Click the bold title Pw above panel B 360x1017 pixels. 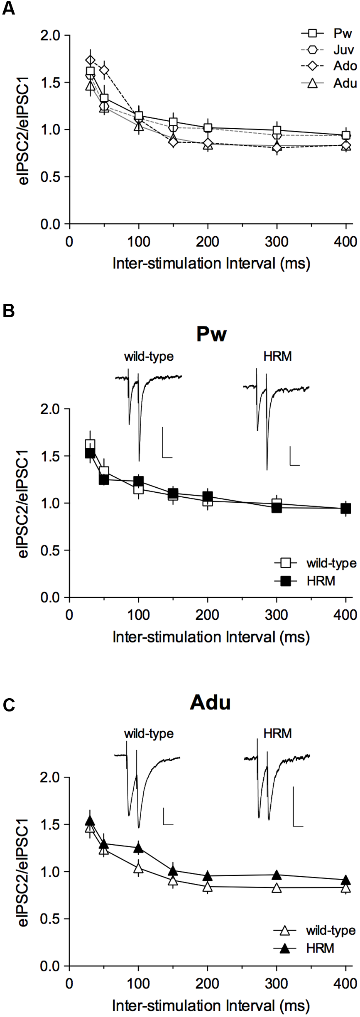coord(211,334)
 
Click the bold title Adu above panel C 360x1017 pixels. coord(210,703)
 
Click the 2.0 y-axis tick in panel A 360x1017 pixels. coord(50,36)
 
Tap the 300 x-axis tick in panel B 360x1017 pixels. coord(277,615)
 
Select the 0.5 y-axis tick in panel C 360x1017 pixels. coord(50,919)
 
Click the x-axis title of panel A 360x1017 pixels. coord(211,264)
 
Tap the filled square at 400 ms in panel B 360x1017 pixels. coord(346,508)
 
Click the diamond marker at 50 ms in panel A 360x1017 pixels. coord(104,70)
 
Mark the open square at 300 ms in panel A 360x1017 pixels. coord(277,130)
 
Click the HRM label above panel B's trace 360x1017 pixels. coord(277,356)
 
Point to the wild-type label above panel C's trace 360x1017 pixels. coord(149,733)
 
